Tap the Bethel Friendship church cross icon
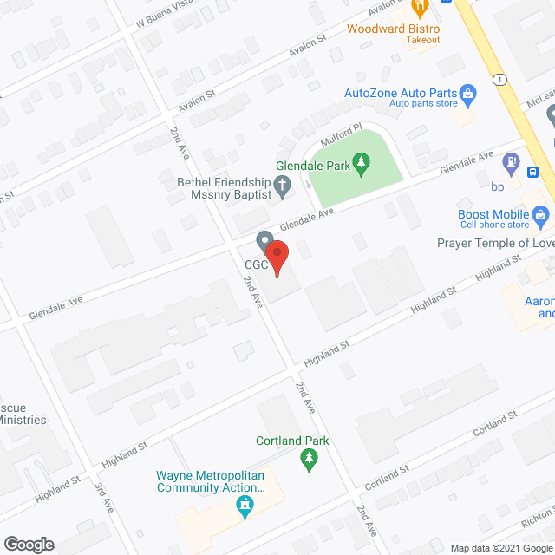[281, 184]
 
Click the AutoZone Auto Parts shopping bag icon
[467, 92]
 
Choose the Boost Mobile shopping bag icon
[541, 214]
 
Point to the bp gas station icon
[513, 161]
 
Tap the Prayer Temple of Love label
[496, 243]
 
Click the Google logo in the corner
[29, 544]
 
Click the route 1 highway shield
[500, 79]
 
